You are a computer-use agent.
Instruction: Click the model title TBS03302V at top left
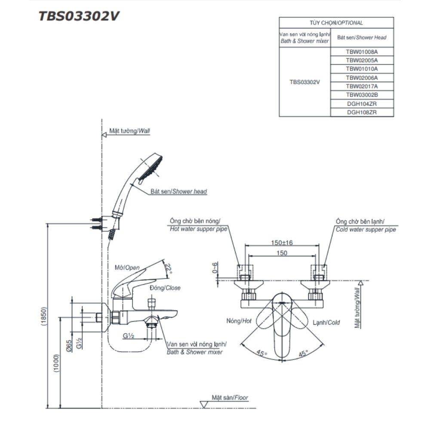pyautogui.click(x=79, y=16)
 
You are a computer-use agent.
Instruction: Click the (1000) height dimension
pyautogui.click(x=57, y=363)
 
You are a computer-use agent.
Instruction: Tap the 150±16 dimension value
pyautogui.click(x=282, y=243)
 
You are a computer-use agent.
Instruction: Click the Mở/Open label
pyautogui.click(x=128, y=267)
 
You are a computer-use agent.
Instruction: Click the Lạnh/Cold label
pyautogui.click(x=326, y=321)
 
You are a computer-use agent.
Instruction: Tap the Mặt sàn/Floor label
pyautogui.click(x=230, y=398)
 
